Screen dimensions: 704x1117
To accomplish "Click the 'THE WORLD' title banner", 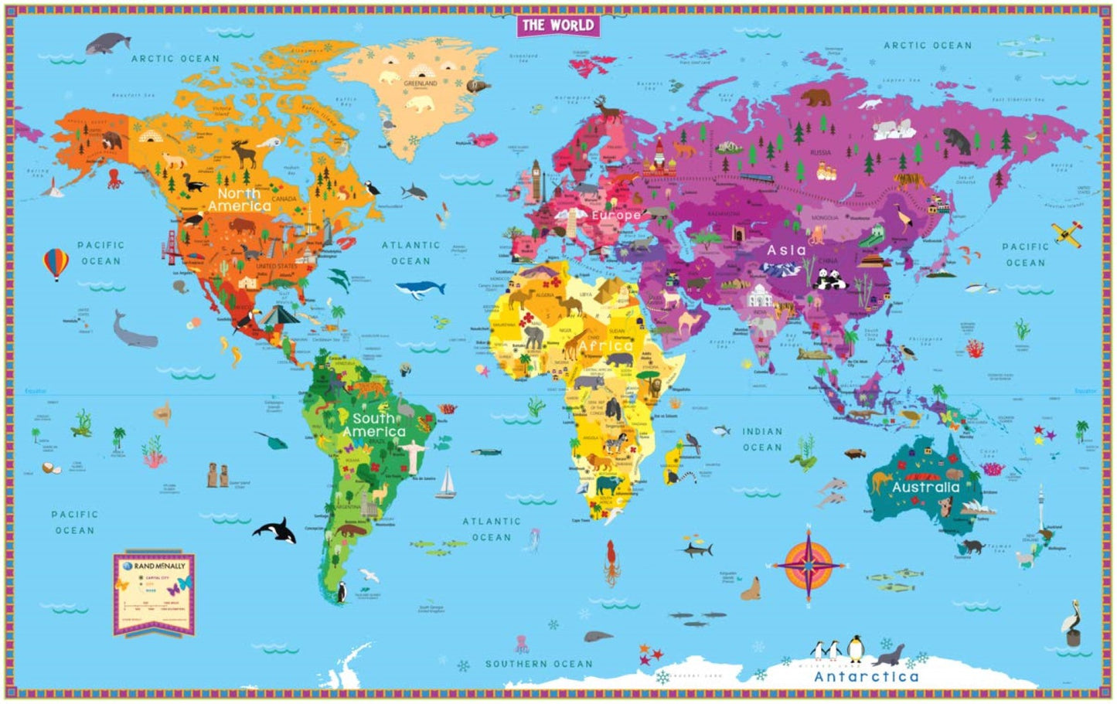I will point(557,25).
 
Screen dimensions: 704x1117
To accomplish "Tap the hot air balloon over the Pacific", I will point(55,264).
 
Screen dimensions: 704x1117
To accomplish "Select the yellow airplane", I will point(1067,232).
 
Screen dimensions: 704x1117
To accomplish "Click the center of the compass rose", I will point(809,565).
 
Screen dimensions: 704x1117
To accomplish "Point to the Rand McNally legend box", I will point(154,592).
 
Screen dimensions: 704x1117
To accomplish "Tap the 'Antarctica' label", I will point(866,677).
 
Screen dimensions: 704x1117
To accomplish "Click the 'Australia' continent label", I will point(925,488).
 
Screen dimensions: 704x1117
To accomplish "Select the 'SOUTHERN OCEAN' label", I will point(539,664).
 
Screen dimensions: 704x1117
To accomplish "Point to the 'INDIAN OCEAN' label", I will point(762,439).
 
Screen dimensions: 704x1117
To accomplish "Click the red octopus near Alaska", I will point(115,179).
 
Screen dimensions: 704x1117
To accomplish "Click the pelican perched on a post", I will point(1071,624).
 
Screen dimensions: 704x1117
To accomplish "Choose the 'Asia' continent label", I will point(785,250).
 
